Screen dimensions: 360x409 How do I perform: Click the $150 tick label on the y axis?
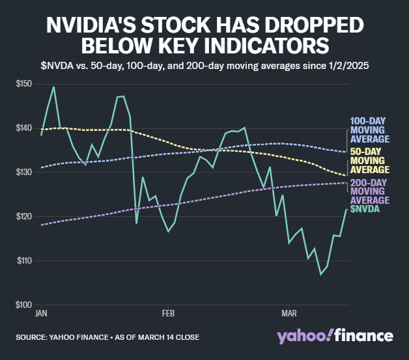25,83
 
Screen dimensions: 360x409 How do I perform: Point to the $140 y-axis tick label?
25,128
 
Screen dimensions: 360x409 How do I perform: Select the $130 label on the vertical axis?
25,172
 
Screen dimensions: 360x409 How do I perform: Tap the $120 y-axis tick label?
25,216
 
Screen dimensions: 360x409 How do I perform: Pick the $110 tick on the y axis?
25,260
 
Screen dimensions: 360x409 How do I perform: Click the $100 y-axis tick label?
25,305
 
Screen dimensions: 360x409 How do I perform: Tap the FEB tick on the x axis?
167,313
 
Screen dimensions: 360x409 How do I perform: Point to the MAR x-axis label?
289,313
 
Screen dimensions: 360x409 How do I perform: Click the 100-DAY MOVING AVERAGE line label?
369,130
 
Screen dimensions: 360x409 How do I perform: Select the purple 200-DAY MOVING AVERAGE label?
369,191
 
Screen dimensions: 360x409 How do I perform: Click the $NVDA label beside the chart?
365,209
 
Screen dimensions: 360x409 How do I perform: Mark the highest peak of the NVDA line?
53,87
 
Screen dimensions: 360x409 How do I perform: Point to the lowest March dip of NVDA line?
320,274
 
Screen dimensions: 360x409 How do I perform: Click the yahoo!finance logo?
335,336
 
